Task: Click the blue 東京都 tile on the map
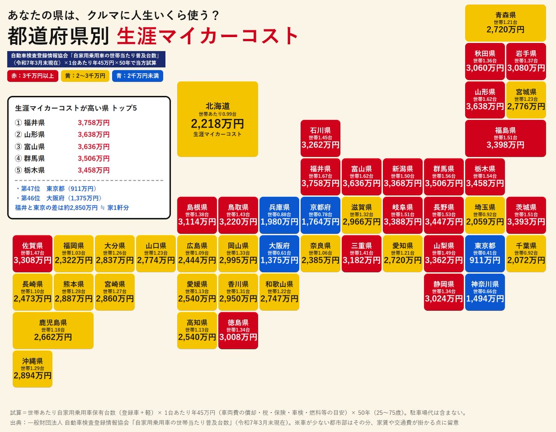[x=485, y=254]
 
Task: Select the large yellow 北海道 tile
[x=217, y=119]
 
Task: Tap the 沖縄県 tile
[x=32, y=369]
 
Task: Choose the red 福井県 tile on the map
[x=320, y=177]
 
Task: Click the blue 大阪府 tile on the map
[x=279, y=254]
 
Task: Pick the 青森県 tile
[x=505, y=23]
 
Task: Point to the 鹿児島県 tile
[x=53, y=330]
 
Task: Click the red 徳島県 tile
[x=238, y=330]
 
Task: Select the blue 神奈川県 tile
[x=485, y=292]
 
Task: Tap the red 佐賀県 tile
[x=32, y=254]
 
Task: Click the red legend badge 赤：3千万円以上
[x=33, y=76]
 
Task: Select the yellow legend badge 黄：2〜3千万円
[x=85, y=76]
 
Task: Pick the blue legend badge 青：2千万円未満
[x=138, y=76]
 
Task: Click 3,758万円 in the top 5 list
[x=94, y=123]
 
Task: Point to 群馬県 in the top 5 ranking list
[x=34, y=159]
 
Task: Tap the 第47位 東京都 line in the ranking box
[x=56, y=189]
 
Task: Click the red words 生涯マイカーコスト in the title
[x=208, y=36]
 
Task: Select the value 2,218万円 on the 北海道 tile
[x=217, y=124]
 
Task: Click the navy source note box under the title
[x=86, y=59]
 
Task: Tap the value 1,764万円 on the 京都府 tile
[x=320, y=222]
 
